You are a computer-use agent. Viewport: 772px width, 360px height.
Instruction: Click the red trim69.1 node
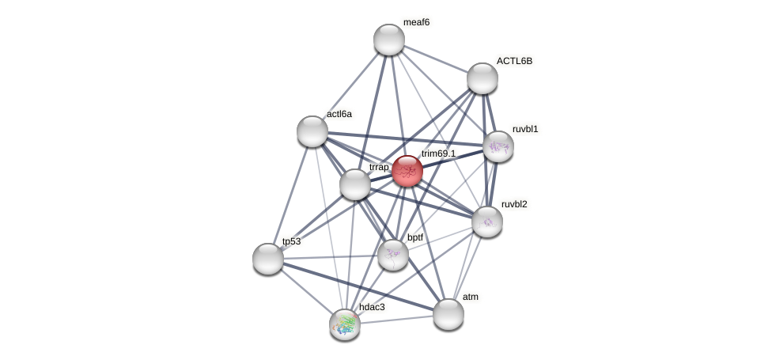tap(407, 171)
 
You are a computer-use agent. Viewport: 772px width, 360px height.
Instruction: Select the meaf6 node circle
tap(389, 40)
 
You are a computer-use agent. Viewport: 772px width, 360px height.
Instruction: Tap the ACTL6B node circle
tap(482, 78)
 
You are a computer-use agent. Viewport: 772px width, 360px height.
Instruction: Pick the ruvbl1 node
tap(498, 146)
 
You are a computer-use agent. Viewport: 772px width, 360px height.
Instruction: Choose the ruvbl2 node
tap(487, 222)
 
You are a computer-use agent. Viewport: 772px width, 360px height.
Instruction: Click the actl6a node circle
tap(312, 131)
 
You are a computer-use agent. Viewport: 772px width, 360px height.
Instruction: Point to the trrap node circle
tap(355, 184)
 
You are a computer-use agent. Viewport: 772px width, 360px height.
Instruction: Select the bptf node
tap(393, 255)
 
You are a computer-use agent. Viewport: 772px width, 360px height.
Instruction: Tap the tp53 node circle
tap(268, 259)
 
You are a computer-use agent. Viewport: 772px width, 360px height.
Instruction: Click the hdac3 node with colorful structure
tap(345, 324)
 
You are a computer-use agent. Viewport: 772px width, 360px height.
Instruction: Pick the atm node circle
tap(448, 314)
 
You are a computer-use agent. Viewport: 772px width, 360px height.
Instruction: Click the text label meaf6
tap(416, 22)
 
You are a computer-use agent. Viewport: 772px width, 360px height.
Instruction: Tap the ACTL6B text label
tap(514, 61)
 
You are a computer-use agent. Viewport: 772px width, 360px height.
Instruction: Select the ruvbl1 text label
tap(525, 129)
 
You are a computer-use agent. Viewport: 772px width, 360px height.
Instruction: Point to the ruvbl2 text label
tap(514, 204)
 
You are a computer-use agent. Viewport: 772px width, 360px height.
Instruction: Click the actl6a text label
tap(339, 114)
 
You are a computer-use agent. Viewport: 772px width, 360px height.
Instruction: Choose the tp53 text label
tap(291, 241)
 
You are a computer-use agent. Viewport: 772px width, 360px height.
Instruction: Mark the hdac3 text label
tap(372, 306)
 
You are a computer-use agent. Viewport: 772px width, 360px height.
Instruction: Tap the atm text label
tap(471, 297)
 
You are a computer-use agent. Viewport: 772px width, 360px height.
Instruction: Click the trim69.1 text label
tap(438, 153)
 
